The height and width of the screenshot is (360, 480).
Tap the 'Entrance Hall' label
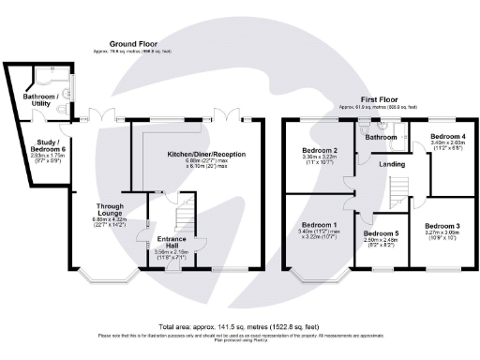(170, 240)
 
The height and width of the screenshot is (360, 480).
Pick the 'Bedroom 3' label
(442, 226)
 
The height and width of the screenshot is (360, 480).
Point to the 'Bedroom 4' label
(446, 137)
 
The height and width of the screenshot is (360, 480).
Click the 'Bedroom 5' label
(381, 233)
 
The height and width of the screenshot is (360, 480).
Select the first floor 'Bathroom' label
(381, 138)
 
